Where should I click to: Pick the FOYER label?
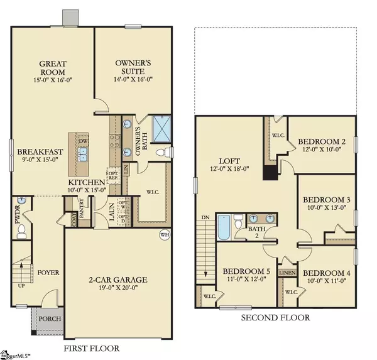tap(46, 273)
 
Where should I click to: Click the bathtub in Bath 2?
tap(224, 226)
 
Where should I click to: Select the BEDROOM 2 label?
tap(322, 141)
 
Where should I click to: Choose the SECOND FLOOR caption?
tap(275, 318)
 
